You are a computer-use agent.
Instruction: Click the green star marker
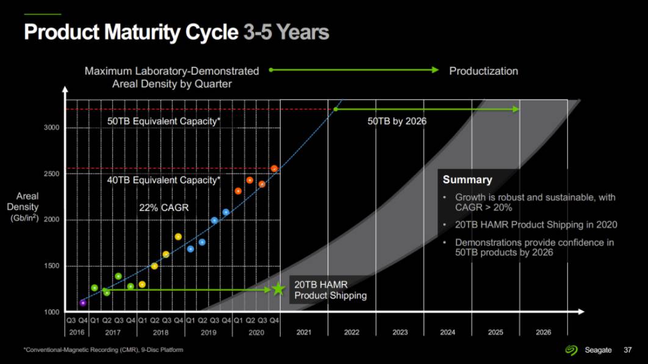coord(278,289)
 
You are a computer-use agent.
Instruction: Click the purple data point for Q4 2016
coord(83,303)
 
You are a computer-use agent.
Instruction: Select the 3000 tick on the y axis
coord(52,128)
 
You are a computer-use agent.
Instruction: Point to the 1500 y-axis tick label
coord(52,266)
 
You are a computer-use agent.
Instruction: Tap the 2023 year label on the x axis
coord(400,332)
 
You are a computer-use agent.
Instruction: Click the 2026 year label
coord(543,332)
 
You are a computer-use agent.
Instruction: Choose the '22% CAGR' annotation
coord(164,208)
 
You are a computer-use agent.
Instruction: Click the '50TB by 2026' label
coord(397,121)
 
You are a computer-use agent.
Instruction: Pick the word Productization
coord(483,71)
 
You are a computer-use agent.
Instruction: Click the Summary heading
coord(467,180)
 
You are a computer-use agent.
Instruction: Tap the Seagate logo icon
coord(571,350)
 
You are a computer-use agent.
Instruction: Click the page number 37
coord(627,350)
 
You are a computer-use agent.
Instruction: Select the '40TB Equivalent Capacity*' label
coord(164,180)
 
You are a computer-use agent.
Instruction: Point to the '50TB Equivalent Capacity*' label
coord(164,121)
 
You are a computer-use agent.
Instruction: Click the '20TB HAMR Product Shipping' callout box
coord(330,290)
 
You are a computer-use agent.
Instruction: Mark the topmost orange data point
coord(275,168)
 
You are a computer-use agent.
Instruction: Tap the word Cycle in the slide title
coord(207,32)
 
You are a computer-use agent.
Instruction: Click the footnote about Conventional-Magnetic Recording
coord(103,350)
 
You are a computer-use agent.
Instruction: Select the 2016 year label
coord(77,332)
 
